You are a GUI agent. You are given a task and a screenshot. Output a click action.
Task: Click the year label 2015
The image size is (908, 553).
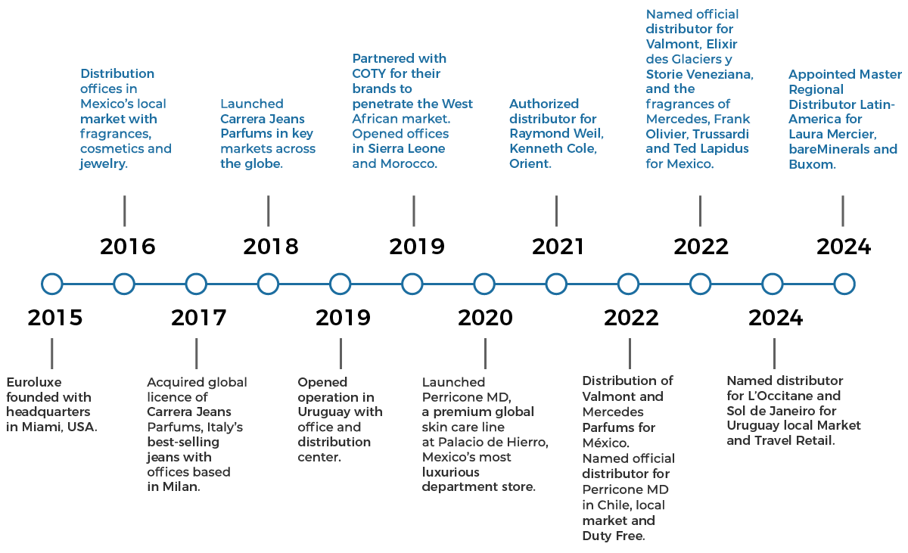pos(55,318)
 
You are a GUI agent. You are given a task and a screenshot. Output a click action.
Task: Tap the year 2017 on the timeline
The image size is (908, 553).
pos(198,318)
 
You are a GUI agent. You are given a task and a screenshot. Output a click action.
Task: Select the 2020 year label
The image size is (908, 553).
pos(485,318)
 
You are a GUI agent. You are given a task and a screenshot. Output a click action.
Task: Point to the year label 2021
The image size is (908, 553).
pos(558,247)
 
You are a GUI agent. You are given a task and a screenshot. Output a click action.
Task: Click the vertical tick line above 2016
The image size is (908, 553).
pos(124,210)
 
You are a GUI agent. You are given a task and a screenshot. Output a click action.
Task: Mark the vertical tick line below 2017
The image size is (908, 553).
pos(197,354)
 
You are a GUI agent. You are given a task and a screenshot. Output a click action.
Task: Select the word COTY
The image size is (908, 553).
pos(368,73)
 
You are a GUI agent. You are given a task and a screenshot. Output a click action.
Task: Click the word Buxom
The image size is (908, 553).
pos(812,164)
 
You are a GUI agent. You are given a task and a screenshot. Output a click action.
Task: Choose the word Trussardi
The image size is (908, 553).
pos(720,134)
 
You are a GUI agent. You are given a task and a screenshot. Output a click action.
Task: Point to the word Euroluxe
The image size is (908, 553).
pos(34,383)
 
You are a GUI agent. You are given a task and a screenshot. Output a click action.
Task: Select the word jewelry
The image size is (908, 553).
pos(104,164)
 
